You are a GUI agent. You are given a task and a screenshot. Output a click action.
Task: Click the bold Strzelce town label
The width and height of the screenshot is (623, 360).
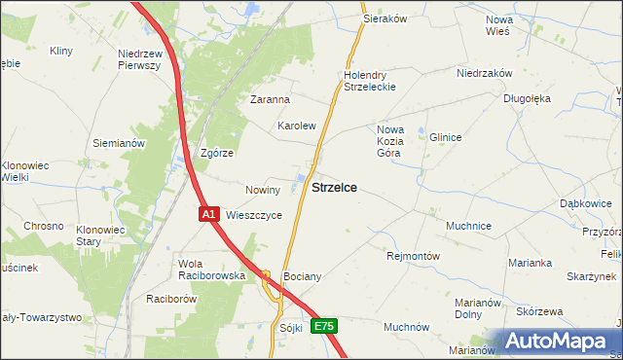coord(333,187)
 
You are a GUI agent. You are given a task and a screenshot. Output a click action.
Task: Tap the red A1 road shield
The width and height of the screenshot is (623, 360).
coord(208,213)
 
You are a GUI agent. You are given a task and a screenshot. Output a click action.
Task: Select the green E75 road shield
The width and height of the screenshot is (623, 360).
coord(324,327)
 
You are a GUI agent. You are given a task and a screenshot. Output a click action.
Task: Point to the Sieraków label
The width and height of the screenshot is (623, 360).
coord(384,18)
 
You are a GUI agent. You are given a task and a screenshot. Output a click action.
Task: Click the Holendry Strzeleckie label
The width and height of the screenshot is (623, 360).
coord(366,81)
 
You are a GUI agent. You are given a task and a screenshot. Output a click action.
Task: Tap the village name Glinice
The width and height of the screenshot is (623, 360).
coord(445,138)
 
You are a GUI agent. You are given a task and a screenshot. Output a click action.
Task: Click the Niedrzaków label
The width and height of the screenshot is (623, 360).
coord(485,73)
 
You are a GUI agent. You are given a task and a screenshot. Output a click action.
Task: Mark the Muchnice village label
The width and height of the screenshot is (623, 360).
coord(468,226)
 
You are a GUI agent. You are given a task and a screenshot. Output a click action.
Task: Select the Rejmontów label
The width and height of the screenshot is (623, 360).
coord(414,257)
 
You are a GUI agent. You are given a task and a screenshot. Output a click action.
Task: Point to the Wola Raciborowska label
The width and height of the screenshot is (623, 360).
coord(211,270)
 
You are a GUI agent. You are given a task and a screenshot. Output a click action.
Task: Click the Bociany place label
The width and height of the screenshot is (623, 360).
coord(302,277)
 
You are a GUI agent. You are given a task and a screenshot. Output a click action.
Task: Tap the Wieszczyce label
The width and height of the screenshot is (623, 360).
coord(254,215)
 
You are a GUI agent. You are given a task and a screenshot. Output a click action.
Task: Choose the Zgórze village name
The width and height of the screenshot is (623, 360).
coord(216,154)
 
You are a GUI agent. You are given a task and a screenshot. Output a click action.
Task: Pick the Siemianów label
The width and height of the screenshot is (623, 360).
coord(119,143)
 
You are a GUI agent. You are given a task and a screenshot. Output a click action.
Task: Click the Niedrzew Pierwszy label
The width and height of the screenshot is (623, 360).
coord(138,59)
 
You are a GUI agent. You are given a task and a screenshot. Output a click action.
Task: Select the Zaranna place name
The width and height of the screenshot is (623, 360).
coord(271,99)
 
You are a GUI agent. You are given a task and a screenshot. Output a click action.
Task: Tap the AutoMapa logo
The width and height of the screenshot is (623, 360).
coord(559,342)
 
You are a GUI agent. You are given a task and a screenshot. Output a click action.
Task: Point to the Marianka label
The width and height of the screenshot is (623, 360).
coord(531,263)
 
